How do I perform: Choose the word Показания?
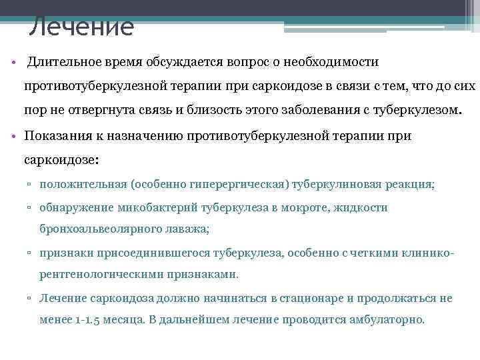click(58, 136)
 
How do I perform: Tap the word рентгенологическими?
click(99, 274)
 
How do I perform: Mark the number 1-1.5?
click(90, 319)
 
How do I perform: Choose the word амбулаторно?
click(385, 319)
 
